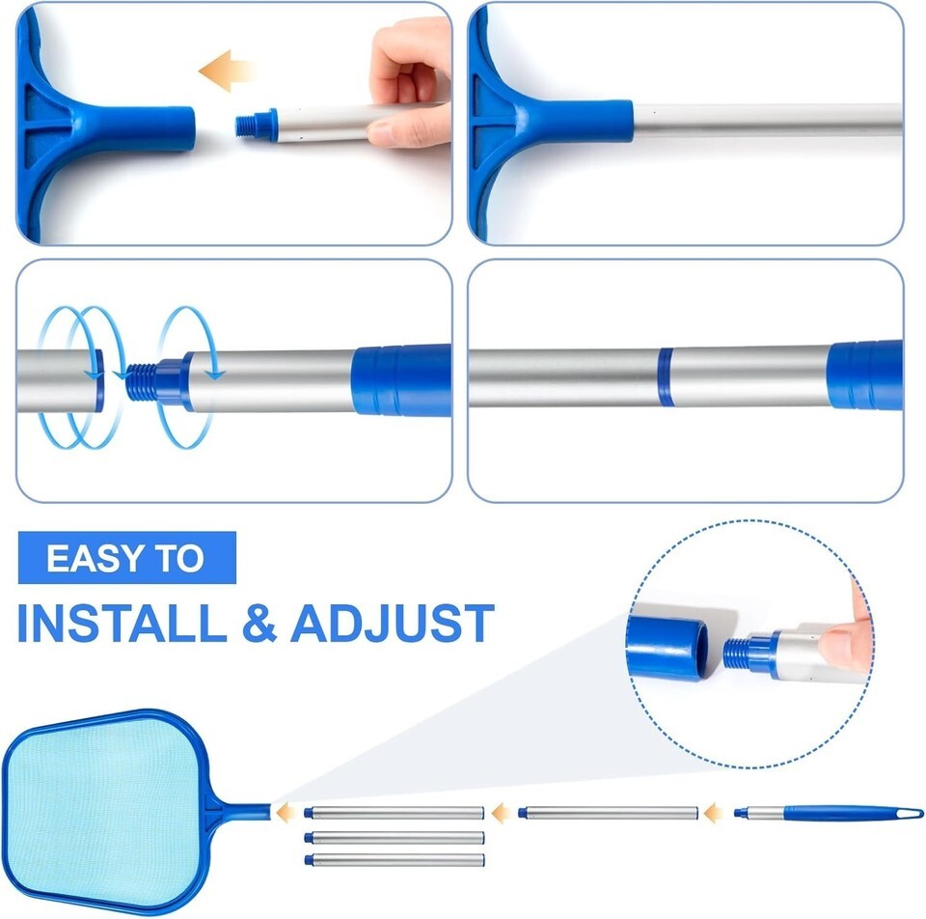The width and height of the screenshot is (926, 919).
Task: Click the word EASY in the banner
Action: pos(95,558)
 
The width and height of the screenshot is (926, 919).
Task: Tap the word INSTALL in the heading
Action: pos(123,623)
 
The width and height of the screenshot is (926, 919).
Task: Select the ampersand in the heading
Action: pos(259,623)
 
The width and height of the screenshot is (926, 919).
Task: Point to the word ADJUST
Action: pos(393,623)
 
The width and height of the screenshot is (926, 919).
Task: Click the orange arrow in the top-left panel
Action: pos(226,70)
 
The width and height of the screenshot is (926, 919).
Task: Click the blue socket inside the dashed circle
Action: pos(667,647)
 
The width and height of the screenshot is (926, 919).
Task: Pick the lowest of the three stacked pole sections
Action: pos(395,860)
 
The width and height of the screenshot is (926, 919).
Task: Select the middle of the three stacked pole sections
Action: pos(395,837)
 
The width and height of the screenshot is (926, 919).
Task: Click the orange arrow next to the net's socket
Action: pos(287,813)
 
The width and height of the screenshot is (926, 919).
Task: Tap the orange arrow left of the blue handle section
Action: pos(714,813)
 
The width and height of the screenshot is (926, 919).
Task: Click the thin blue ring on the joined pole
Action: pos(666,376)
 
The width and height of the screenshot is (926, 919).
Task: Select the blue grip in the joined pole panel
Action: pos(865,375)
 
